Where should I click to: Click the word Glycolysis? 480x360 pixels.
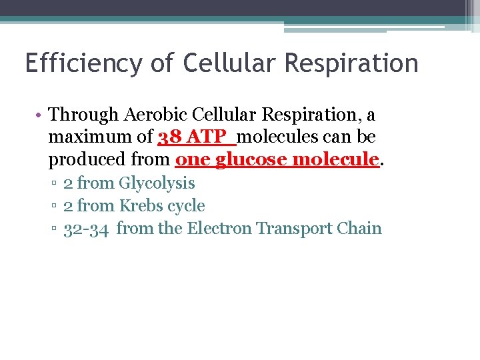[x=157, y=183]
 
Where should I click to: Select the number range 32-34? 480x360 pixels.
[x=86, y=229]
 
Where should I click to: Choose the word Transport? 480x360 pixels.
[x=295, y=229]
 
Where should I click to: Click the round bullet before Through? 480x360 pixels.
[x=40, y=115]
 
